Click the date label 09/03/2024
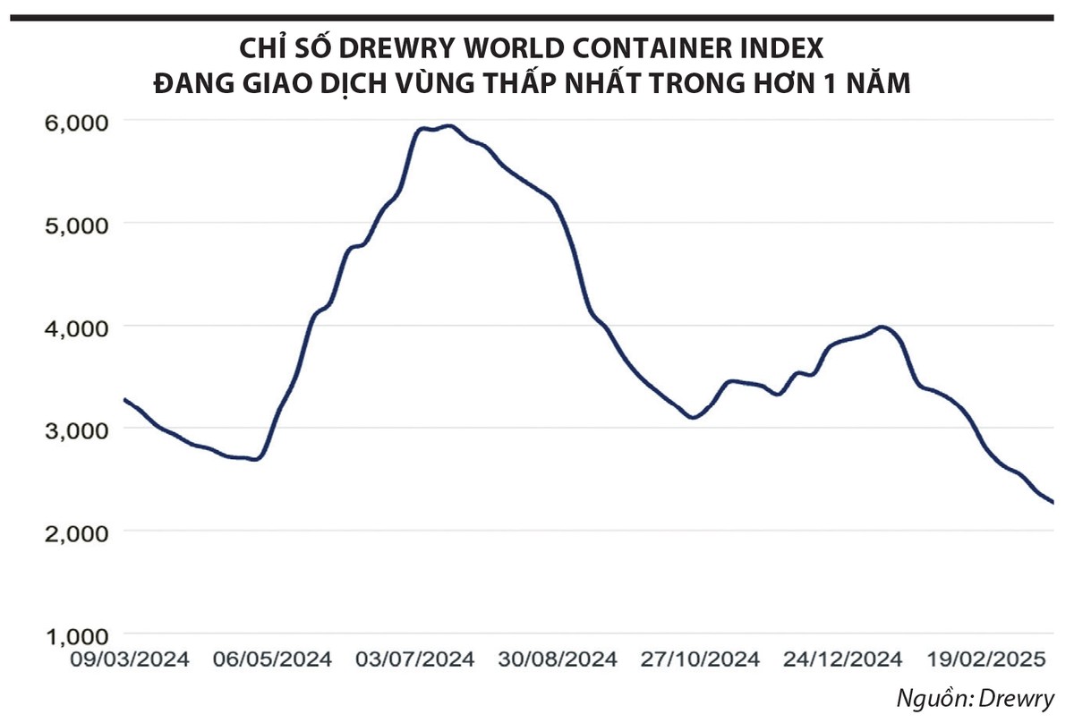coord(131,660)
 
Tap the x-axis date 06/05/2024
coord(273,660)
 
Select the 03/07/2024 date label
coord(415,660)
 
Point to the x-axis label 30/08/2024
coord(558,660)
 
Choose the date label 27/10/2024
coord(700,660)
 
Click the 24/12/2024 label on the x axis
coord(842,660)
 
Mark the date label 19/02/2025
coord(984,660)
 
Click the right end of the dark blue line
coord(1053,502)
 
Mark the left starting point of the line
coord(124,399)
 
